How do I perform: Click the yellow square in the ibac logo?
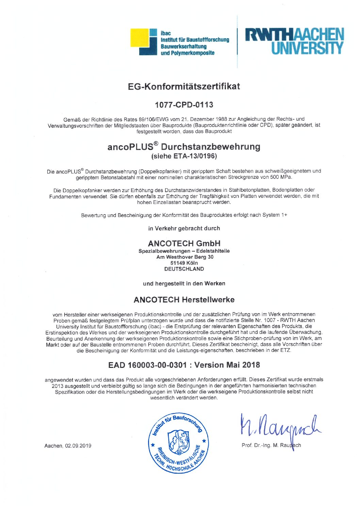click(140, 37)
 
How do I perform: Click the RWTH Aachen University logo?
click(294, 41)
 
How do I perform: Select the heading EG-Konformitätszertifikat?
click(184, 86)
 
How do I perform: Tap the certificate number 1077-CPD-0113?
click(184, 105)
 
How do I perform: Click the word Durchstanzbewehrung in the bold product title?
click(210, 147)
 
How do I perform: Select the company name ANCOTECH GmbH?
click(184, 243)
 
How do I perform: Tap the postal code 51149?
click(177, 263)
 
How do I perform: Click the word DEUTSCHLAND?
click(184, 269)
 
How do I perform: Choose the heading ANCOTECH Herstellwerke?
click(184, 300)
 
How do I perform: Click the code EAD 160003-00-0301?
click(147, 365)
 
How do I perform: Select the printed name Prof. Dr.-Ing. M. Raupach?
click(271, 445)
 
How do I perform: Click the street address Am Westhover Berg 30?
click(185, 257)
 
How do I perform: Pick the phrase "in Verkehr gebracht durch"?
click(184, 228)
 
